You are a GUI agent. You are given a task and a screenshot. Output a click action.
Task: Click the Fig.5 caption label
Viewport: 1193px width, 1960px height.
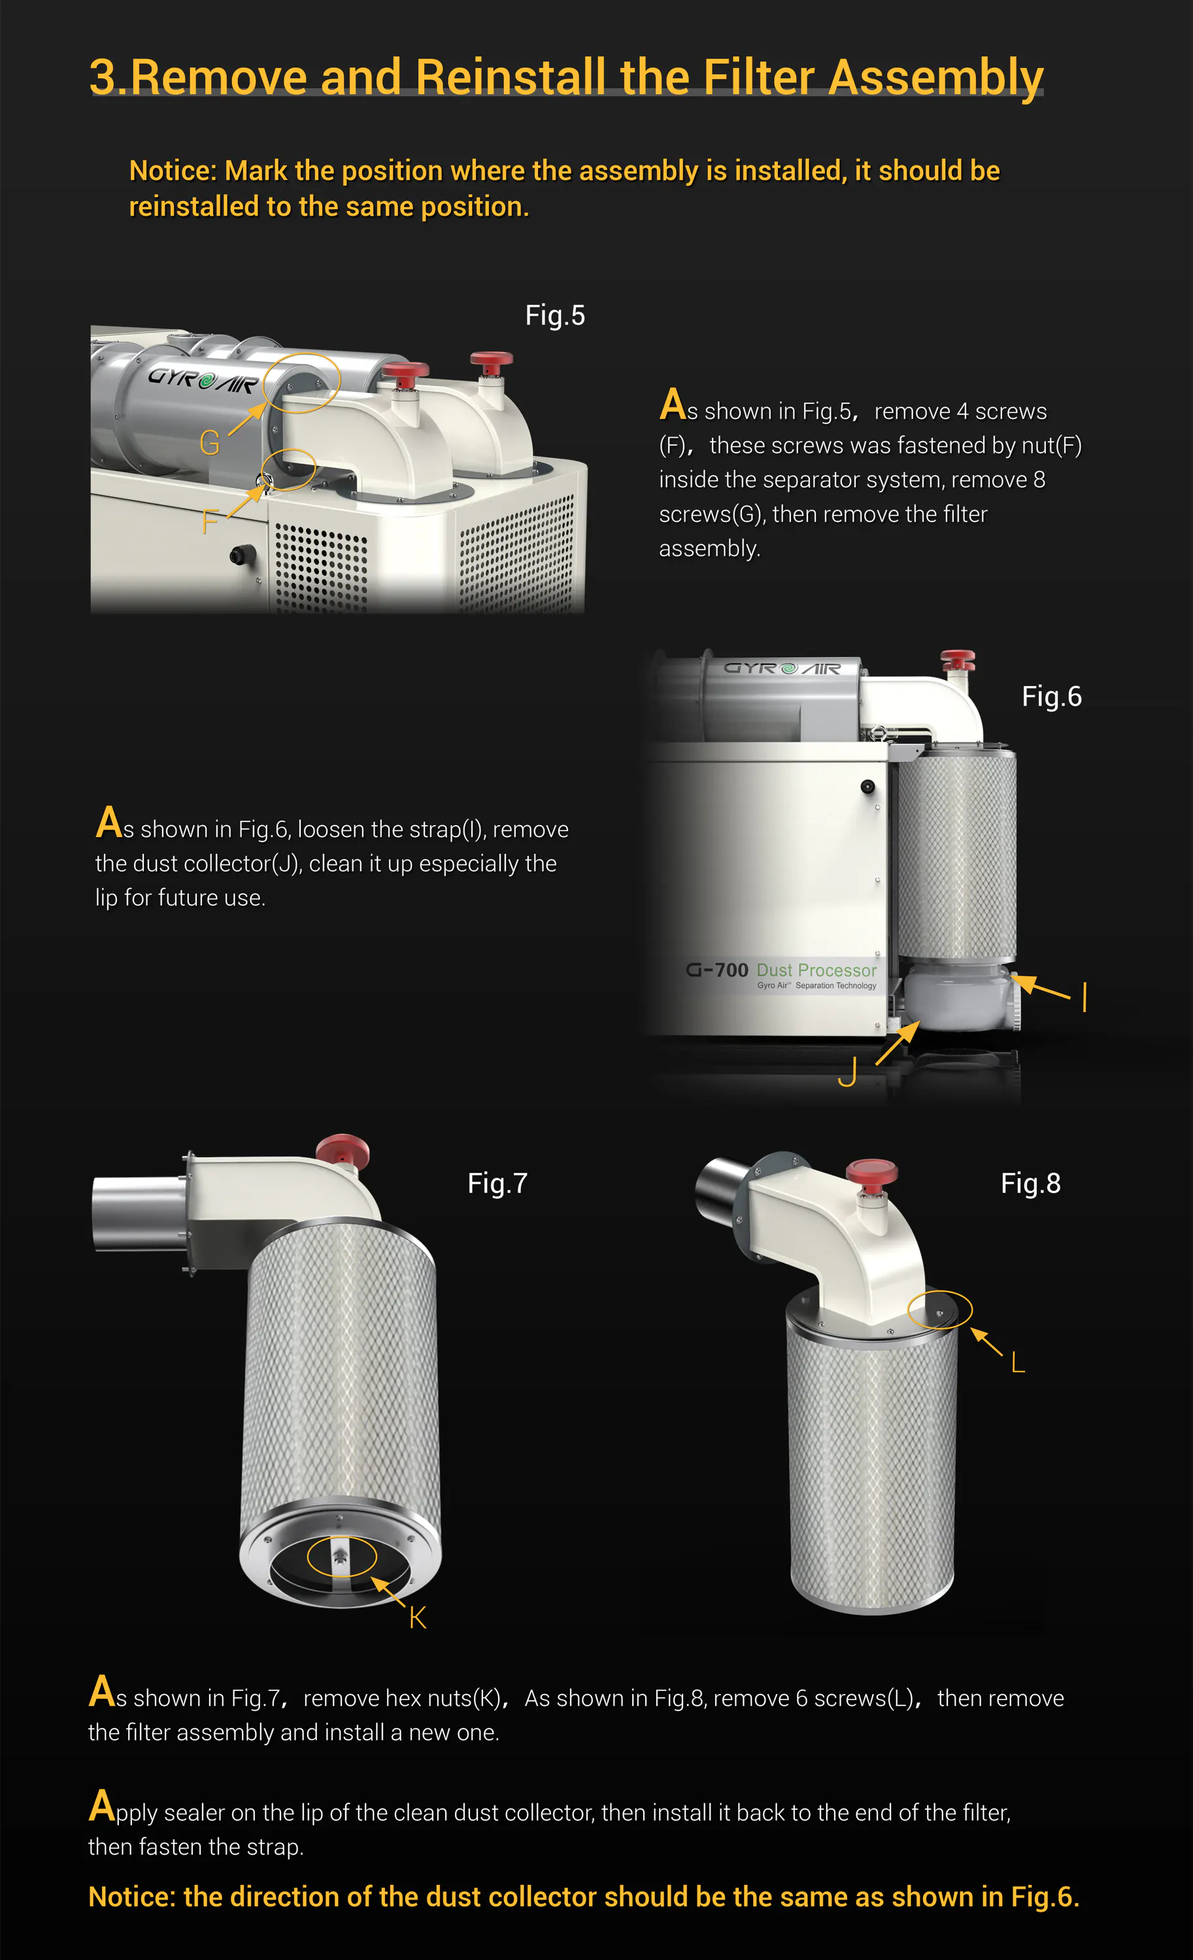click(x=555, y=316)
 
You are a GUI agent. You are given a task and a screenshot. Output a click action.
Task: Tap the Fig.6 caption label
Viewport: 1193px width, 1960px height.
click(x=1051, y=697)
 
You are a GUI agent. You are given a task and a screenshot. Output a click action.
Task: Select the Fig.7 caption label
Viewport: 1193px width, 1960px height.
click(x=497, y=1184)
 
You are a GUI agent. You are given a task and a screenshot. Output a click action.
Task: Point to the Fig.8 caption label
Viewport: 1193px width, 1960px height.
click(x=1031, y=1184)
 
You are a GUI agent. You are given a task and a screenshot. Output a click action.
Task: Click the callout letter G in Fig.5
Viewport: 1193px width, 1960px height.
click(x=209, y=443)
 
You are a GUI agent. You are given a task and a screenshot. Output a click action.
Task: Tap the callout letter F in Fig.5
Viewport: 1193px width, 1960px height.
click(x=209, y=523)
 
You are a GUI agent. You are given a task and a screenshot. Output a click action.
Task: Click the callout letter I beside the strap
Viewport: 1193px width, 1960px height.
click(x=1084, y=997)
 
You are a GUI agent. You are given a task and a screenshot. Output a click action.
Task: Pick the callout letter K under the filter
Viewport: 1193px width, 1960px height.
click(x=417, y=1618)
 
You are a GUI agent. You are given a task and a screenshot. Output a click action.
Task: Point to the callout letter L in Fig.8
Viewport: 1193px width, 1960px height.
click(x=1017, y=1364)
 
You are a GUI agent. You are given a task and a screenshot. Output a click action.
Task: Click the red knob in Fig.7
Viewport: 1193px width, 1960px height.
click(x=343, y=1149)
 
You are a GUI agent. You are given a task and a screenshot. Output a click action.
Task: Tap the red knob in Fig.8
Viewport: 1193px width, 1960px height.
click(x=871, y=1171)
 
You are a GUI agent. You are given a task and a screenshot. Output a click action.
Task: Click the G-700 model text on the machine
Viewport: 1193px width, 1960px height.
click(x=717, y=970)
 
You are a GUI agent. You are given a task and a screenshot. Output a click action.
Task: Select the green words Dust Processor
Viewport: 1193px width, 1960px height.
click(x=816, y=970)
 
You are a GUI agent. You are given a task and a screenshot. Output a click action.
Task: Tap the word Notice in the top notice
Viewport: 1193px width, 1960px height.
click(x=172, y=171)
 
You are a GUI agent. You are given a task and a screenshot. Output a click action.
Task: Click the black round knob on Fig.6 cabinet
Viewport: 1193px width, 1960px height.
click(x=867, y=787)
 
